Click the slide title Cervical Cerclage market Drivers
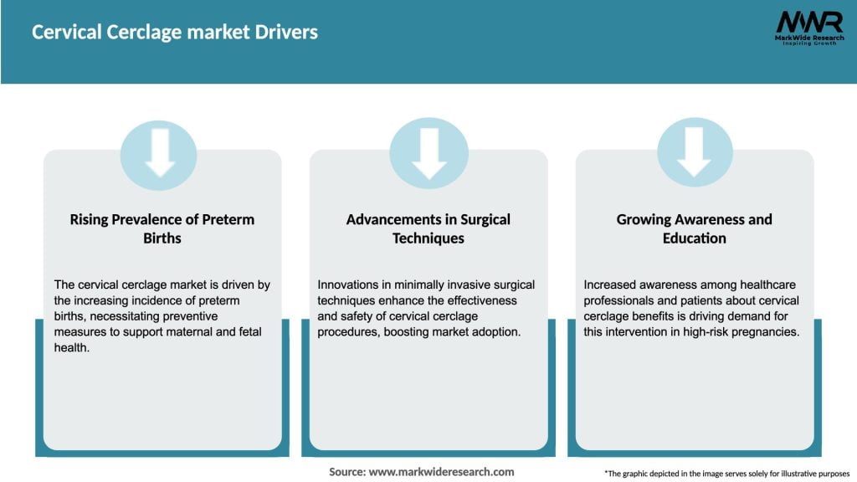pos(175,33)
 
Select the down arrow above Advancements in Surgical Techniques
pos(428,154)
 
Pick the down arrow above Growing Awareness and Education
pos(694,154)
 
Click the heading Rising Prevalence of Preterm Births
pos(162,228)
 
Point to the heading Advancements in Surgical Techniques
pos(428,228)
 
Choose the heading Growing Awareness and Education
pos(694,228)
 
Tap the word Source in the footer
pos(346,472)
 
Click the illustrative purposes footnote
pos(726,474)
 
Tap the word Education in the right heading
pos(694,238)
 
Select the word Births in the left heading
pos(162,238)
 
